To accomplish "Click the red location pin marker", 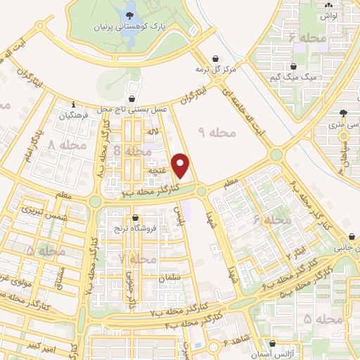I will pyautogui.click(x=181, y=165).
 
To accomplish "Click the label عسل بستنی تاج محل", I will pyautogui.click(x=133, y=109).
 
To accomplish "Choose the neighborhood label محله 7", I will pyautogui.click(x=136, y=259).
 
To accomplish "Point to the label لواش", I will pyautogui.click(x=330, y=15).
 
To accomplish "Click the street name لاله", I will pyautogui.click(x=152, y=131).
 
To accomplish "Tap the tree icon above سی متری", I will pyautogui.click(x=343, y=113).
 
